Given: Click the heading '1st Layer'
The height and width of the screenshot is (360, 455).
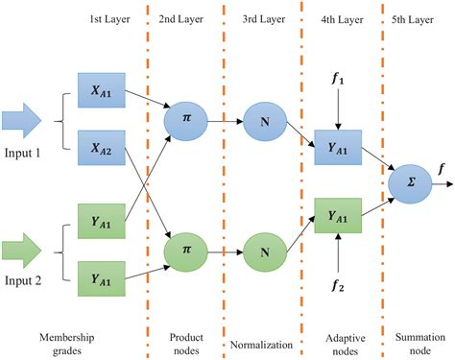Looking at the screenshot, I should pos(106,20).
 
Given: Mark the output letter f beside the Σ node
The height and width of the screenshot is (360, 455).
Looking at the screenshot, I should pos(443,170).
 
